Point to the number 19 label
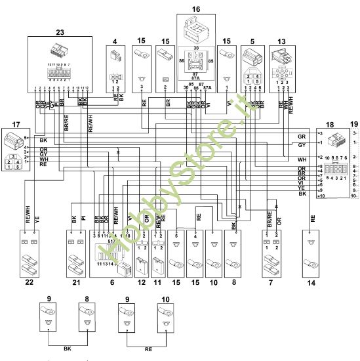pos(354,124)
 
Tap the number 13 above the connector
pos(282,41)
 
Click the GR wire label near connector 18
pos(302,136)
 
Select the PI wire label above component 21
pos(83,219)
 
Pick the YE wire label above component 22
pos(37,221)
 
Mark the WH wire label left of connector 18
pos(302,159)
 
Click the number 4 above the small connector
pos(115,41)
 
